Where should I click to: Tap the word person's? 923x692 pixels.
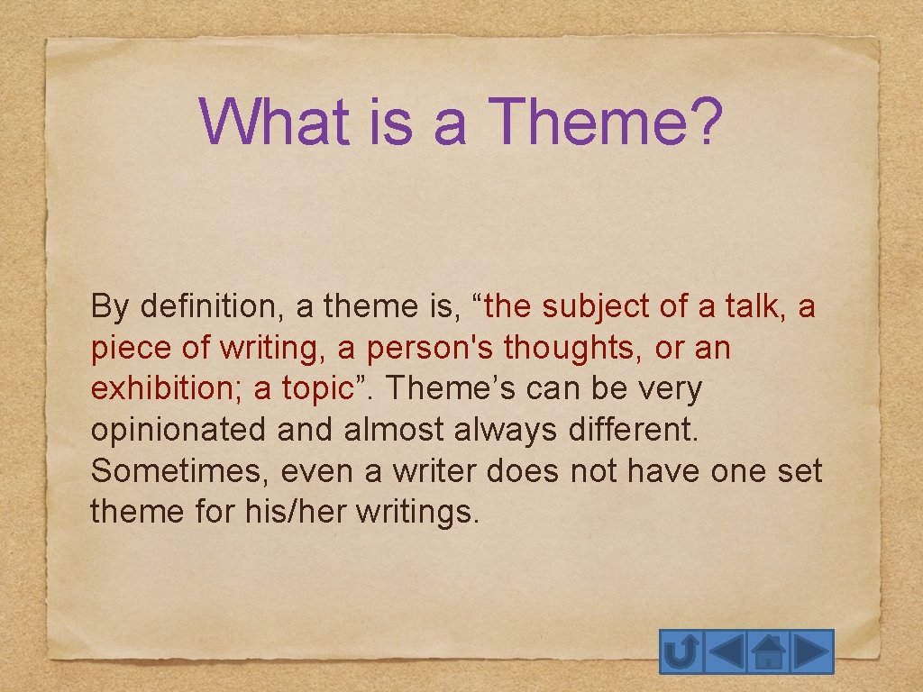(x=433, y=349)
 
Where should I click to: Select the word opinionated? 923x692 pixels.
(x=178, y=430)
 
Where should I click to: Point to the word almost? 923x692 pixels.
(x=395, y=430)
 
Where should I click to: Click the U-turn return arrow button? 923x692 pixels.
(x=681, y=651)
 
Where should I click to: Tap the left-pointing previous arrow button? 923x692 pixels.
(x=725, y=651)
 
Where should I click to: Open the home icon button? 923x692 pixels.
(x=768, y=651)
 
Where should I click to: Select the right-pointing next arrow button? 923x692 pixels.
(x=812, y=651)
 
